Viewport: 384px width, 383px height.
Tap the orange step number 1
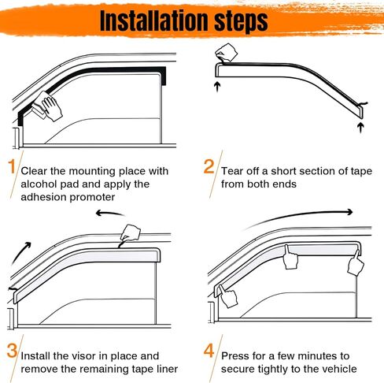coord(10,167)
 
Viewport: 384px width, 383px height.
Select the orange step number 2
coord(209,166)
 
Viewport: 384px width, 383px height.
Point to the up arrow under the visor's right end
coord(360,125)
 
